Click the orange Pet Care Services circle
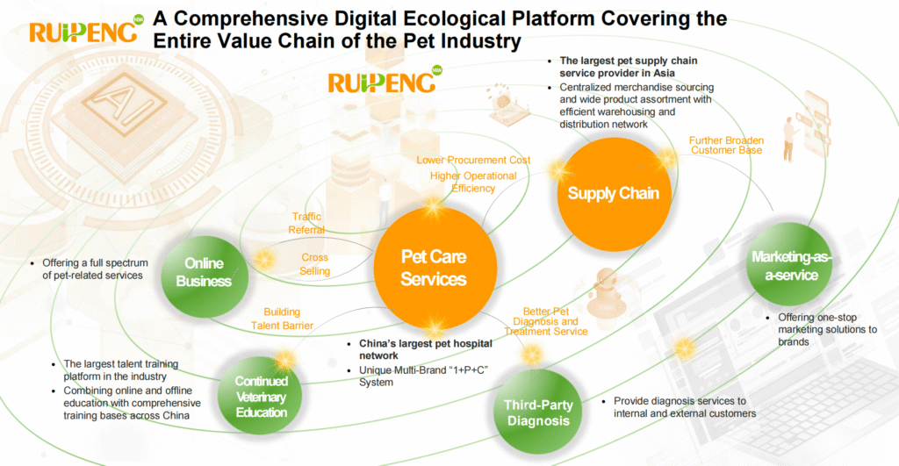pyautogui.click(x=433, y=268)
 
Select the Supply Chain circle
pyautogui.click(x=613, y=193)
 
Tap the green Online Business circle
pyautogui.click(x=204, y=272)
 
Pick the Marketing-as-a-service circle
pyautogui.click(x=784, y=265)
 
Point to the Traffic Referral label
pyautogui.click(x=306, y=223)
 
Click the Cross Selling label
pyautogui.click(x=315, y=264)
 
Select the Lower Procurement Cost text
pyautogui.click(x=473, y=160)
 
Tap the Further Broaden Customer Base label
pyautogui.click(x=726, y=146)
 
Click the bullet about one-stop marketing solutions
pyautogui.click(x=827, y=329)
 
